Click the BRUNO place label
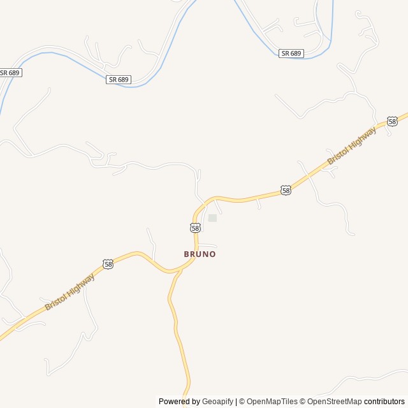tap(200, 254)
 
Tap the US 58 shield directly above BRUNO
tap(196, 228)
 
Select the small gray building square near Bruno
tap(212, 218)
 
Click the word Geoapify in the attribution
tap(217, 402)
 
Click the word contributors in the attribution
tap(384, 402)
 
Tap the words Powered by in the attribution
tap(179, 402)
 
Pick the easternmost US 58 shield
tap(392, 121)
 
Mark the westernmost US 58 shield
tap(108, 263)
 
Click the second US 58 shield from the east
tap(286, 190)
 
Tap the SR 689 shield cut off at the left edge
tap(10, 73)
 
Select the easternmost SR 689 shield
tap(291, 53)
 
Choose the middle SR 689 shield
tap(119, 79)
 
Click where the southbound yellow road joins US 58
tap(180, 270)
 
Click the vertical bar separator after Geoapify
tap(237, 402)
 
